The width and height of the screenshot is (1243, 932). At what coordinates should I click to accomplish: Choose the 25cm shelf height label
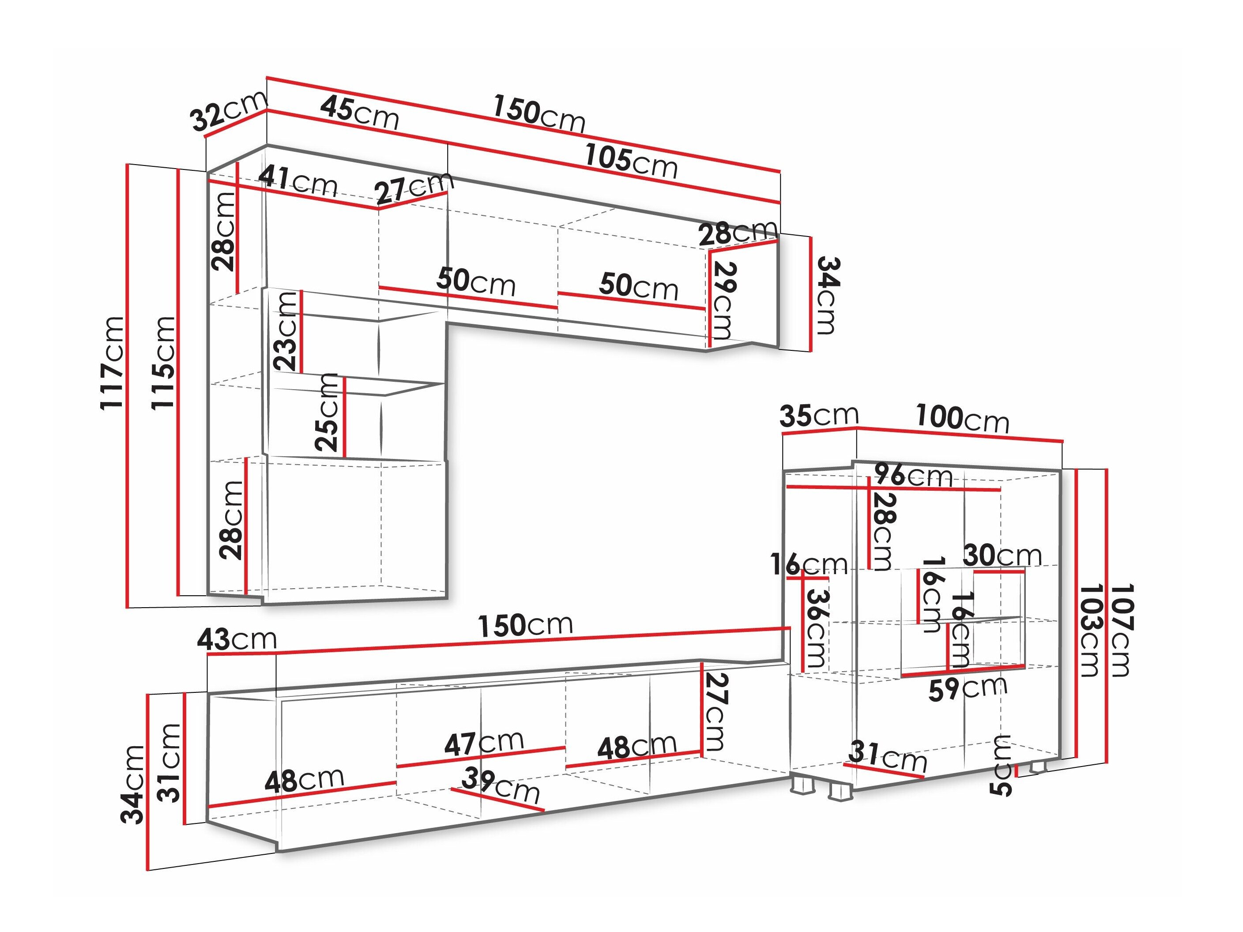(327, 412)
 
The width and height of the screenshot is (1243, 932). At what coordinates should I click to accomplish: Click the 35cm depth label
(819, 415)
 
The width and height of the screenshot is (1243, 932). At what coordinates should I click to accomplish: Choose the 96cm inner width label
(914, 475)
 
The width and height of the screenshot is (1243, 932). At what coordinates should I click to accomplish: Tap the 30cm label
(1002, 556)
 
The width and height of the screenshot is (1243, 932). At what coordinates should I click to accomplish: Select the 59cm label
(967, 688)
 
